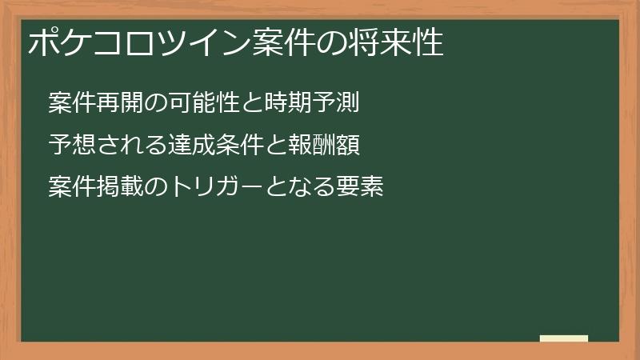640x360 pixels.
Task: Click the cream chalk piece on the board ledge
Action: [563, 338]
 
